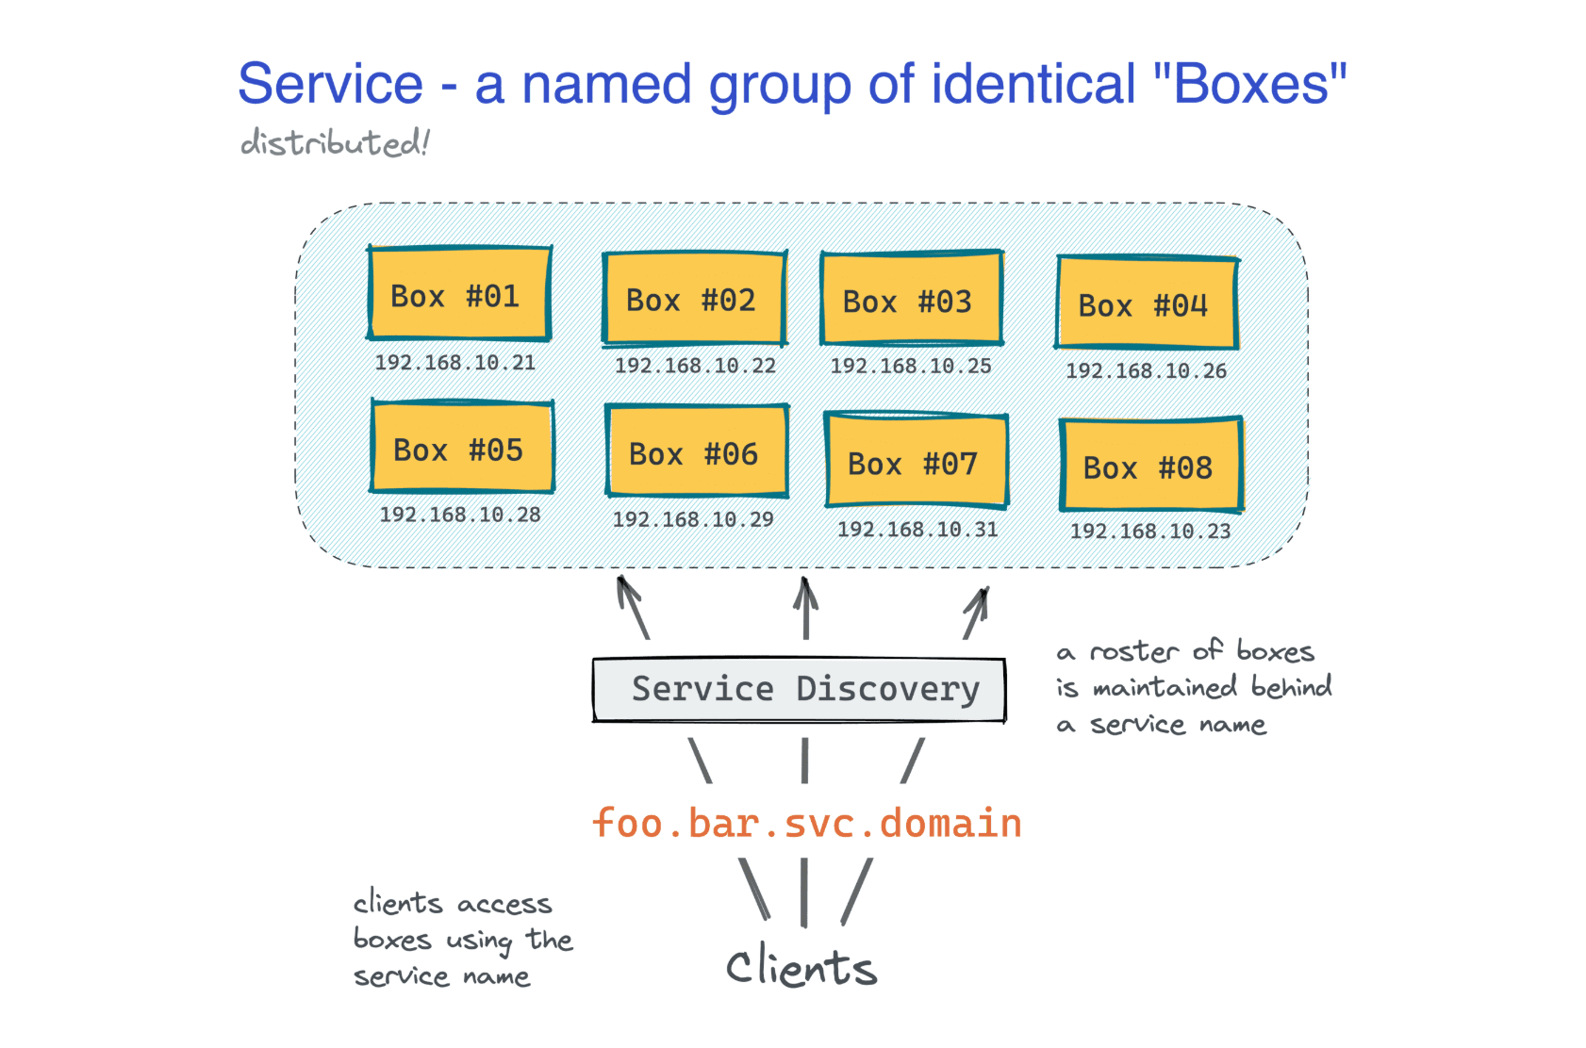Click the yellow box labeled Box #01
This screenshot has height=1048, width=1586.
(458, 294)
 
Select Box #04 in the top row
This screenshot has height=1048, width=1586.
(1146, 303)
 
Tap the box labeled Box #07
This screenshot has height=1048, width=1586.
(916, 461)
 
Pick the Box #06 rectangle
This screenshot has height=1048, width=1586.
(696, 451)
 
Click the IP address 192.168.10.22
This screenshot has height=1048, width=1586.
(695, 366)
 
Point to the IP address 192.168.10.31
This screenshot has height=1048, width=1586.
(917, 530)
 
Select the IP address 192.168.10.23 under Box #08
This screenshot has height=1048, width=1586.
(1149, 532)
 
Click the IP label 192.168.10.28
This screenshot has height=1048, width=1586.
(459, 515)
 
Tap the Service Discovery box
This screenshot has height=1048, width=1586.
(799, 690)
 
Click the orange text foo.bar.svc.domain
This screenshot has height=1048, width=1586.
(806, 823)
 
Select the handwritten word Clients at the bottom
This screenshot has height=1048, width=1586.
(801, 968)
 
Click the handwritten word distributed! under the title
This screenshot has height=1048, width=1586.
(334, 143)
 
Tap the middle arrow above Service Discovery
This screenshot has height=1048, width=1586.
(805, 608)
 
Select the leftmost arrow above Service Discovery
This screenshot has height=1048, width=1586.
(633, 608)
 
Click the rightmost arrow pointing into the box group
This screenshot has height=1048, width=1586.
(976, 613)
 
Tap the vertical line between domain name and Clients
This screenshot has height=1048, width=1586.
(803, 892)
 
